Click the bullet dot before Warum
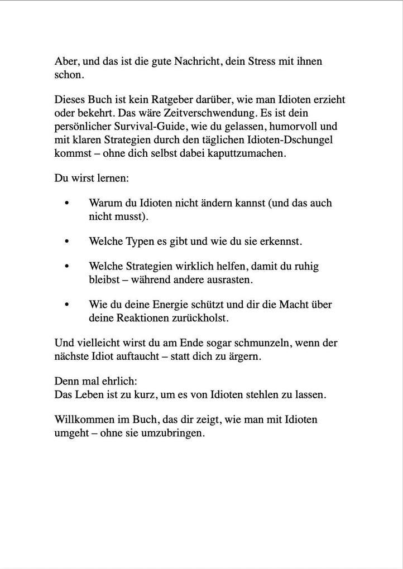67,203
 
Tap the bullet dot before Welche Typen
67,242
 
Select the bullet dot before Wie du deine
67,305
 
